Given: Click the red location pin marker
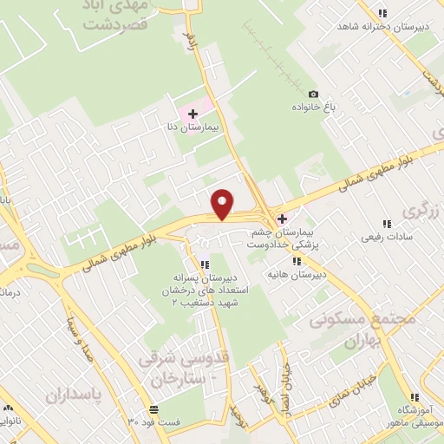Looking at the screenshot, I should (224, 204).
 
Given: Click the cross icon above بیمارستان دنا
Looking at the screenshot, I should (193, 114).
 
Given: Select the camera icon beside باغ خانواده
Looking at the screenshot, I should (314, 94).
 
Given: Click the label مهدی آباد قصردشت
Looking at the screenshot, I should (119, 16).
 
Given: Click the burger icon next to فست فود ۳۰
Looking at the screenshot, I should (153, 408).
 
